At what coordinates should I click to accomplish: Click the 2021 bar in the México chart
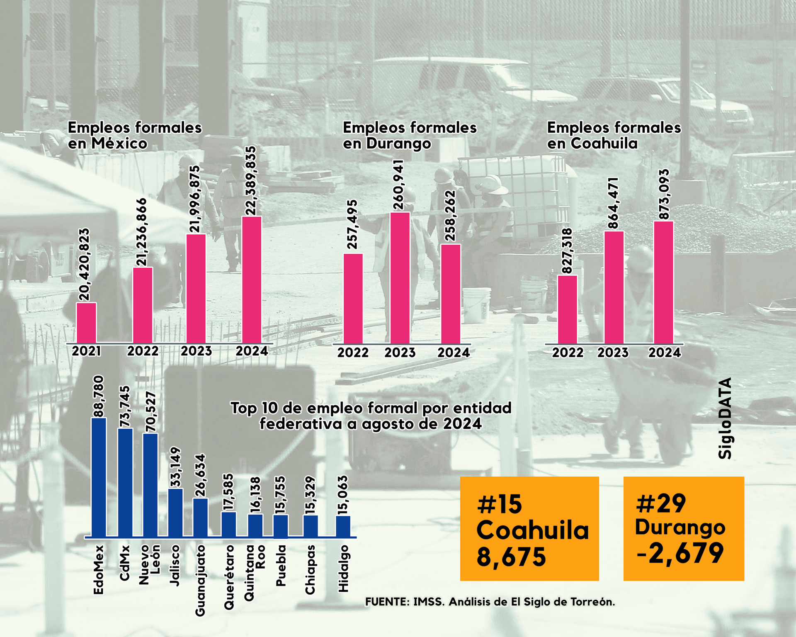[x=86, y=323]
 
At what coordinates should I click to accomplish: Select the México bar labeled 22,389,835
[x=252, y=280]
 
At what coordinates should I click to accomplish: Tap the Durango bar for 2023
[x=400, y=278]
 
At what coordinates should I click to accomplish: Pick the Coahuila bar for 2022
[x=567, y=309]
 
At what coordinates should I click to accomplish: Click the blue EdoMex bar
[x=99, y=477]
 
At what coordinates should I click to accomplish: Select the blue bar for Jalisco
[x=175, y=513]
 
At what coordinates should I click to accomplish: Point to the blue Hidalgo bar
[x=343, y=526]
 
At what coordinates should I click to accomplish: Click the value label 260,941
[x=398, y=185]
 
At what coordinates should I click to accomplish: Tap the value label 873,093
[x=664, y=194]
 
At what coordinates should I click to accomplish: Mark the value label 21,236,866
[x=142, y=232]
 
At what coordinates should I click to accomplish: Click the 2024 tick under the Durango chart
[x=454, y=353]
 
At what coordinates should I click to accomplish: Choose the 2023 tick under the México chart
[x=196, y=351]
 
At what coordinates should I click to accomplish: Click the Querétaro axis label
[x=229, y=577]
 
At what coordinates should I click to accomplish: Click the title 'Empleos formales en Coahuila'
[x=614, y=135]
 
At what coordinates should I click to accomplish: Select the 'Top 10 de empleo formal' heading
[x=371, y=416]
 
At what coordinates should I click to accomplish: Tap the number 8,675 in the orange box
[x=511, y=557]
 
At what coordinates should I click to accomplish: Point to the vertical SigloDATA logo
[x=725, y=418]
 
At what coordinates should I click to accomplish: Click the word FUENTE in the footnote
[x=387, y=602]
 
